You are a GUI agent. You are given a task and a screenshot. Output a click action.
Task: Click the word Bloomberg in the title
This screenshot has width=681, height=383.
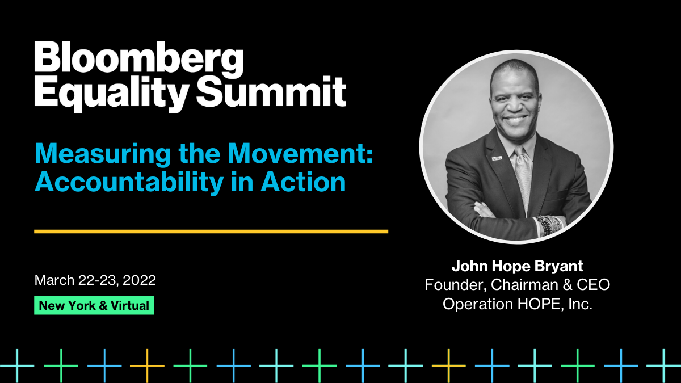(x=139, y=59)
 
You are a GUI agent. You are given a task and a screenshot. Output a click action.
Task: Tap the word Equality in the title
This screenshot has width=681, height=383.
(x=110, y=94)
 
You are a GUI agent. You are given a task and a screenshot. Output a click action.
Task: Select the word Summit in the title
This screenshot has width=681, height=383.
(x=271, y=91)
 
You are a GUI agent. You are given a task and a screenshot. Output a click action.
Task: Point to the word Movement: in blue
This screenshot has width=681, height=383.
(x=301, y=154)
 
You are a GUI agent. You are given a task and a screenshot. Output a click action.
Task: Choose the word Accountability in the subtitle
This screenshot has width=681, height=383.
(x=129, y=183)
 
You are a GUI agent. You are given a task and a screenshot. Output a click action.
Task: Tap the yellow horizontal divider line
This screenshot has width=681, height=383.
(x=211, y=232)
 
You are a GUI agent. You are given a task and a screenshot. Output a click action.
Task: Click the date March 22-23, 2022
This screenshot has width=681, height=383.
(x=95, y=280)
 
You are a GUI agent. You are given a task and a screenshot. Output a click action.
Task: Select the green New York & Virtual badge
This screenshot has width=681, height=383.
(x=94, y=305)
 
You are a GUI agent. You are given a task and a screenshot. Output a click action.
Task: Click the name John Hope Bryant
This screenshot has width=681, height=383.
(x=518, y=266)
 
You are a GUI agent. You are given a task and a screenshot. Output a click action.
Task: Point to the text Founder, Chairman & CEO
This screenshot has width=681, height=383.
(x=518, y=285)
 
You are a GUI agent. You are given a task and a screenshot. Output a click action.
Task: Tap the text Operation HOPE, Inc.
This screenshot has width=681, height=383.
(x=518, y=304)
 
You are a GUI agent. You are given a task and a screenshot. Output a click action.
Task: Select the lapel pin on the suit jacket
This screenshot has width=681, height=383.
(x=497, y=158)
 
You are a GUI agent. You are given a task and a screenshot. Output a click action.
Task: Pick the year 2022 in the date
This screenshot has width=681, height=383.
(x=139, y=280)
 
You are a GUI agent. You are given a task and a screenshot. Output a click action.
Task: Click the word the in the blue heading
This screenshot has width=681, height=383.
(x=199, y=154)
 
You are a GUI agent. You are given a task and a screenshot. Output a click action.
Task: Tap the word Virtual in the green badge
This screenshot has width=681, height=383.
(x=130, y=305)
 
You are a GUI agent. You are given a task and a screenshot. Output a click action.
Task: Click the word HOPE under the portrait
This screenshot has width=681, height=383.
(x=537, y=304)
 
